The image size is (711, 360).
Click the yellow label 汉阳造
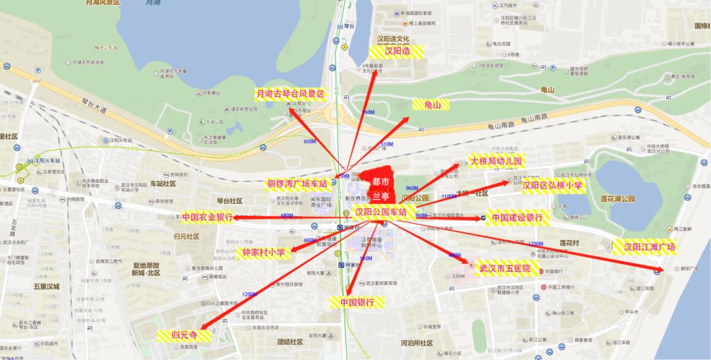pyautogui.click(x=396, y=51)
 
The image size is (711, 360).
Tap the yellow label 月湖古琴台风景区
pyautogui.click(x=290, y=94)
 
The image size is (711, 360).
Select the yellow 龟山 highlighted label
pyautogui.click(x=431, y=105)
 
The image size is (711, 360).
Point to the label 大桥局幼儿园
pyautogui.click(x=494, y=161)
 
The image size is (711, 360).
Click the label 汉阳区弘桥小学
pyautogui.click(x=552, y=186)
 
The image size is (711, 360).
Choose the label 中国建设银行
pyautogui.click(x=517, y=217)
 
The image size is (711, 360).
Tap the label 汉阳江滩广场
pyautogui.click(x=649, y=247)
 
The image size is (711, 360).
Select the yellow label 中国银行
pyautogui.click(x=357, y=302)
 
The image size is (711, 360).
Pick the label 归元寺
pyautogui.click(x=184, y=335)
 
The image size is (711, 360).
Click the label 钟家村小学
pyautogui.click(x=263, y=252)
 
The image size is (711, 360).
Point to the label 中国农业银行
pyautogui.click(x=207, y=217)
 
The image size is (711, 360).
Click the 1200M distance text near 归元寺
pyautogui.click(x=250, y=294)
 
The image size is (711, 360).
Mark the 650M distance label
pyautogui.click(x=309, y=141)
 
